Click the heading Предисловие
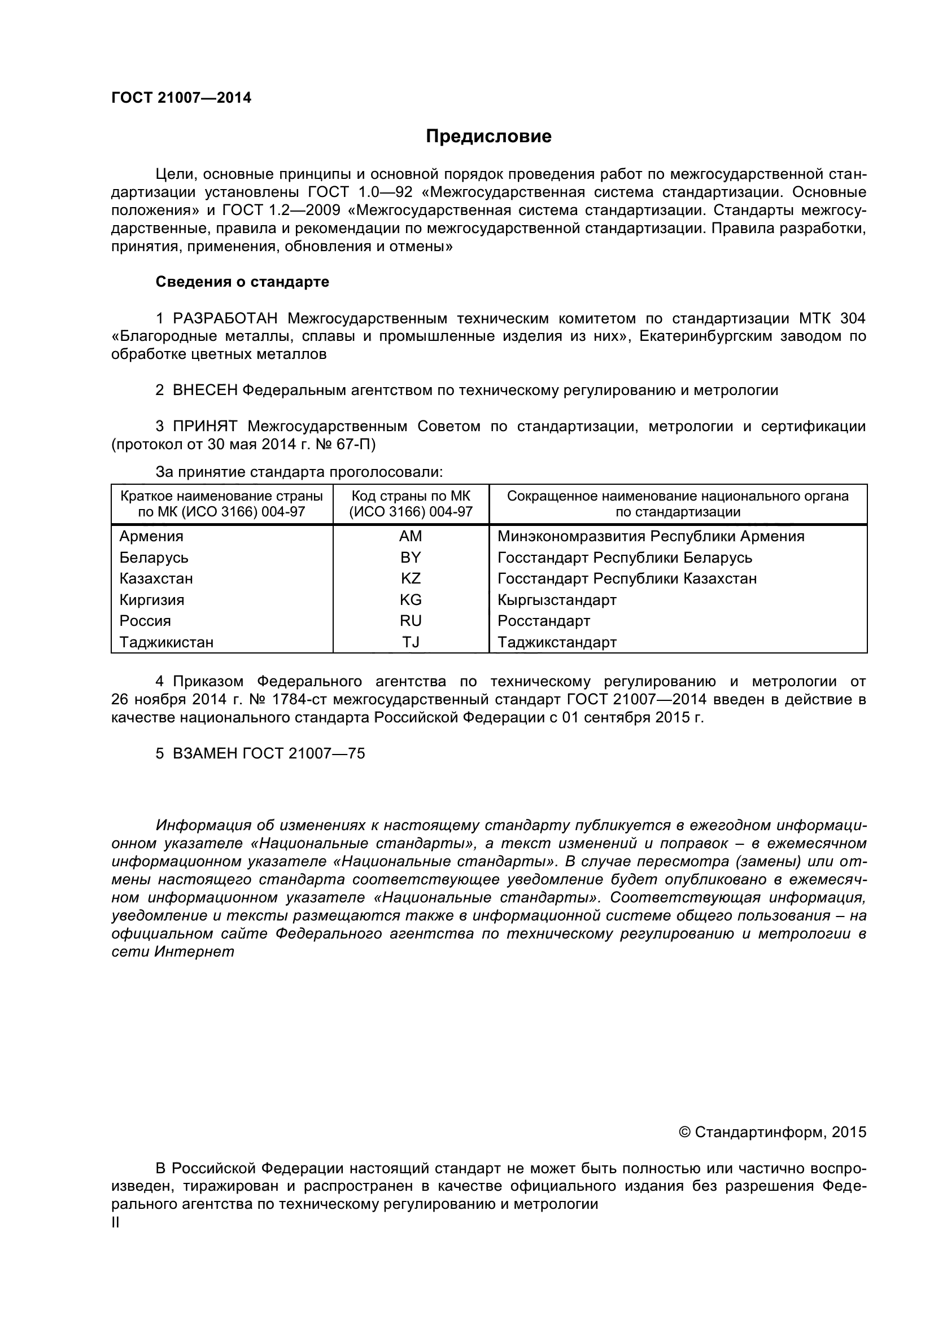click(488, 136)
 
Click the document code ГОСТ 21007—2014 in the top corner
click(181, 98)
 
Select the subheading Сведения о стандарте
click(242, 282)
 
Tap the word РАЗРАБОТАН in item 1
click(225, 318)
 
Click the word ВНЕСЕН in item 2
click(205, 391)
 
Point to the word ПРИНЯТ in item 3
click(205, 426)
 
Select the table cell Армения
click(151, 536)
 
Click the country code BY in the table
click(411, 558)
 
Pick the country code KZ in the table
click(411, 578)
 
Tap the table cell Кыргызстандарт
click(557, 600)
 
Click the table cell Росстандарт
click(543, 621)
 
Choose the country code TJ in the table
click(411, 642)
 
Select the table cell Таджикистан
click(166, 642)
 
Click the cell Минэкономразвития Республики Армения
click(651, 536)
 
